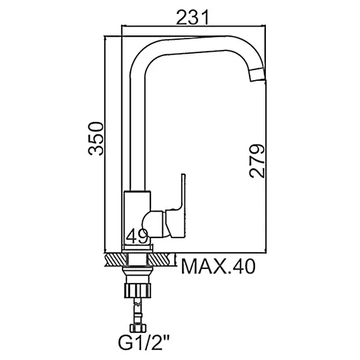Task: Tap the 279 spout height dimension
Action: (x=256, y=160)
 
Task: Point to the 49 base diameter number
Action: (x=137, y=236)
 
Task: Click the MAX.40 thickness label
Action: (x=218, y=267)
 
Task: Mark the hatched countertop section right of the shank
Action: (x=160, y=259)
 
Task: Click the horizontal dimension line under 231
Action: (x=192, y=27)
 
